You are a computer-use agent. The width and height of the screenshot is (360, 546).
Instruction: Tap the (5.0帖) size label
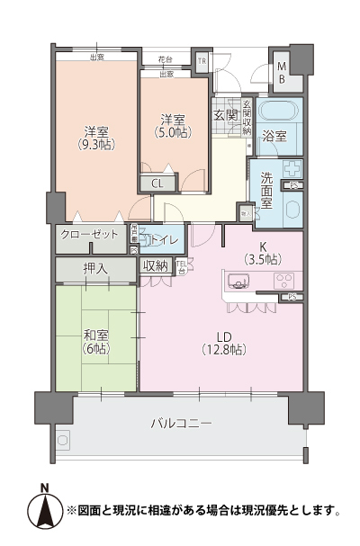coord(172,133)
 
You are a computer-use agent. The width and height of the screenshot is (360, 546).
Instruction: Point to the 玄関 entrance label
coord(225,115)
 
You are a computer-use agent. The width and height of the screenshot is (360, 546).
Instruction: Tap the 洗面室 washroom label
coord(267,191)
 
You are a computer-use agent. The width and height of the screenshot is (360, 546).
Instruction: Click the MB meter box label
coord(282,72)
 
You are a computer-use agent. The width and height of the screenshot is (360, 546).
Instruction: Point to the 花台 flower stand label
coord(165,59)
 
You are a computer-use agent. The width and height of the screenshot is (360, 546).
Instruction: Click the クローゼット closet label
coord(90,235)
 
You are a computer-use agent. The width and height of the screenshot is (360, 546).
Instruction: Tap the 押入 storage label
coord(95,268)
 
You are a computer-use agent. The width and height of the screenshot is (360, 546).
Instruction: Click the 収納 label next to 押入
coord(155,265)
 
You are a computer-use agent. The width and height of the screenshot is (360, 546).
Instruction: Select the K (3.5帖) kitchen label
coord(262,252)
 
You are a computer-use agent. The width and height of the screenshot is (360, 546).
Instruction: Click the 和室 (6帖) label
coord(96,341)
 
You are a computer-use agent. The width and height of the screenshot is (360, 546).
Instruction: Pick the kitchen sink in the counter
coord(240,287)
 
